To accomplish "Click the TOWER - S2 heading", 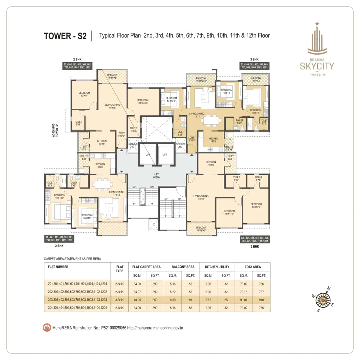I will pyautogui.click(x=65, y=36).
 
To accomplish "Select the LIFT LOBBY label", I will pyautogui.click(x=157, y=176).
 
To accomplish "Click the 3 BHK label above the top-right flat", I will pyautogui.click(x=254, y=60).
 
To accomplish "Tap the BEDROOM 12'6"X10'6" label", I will pyautogui.click(x=143, y=102).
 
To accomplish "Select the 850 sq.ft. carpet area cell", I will pyautogui.click(x=155, y=300).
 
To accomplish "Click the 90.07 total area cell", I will pyautogui.click(x=244, y=300).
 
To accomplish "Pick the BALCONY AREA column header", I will pyautogui.click(x=183, y=267).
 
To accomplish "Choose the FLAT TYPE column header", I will pyautogui.click(x=120, y=269).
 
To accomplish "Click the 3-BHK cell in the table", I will pyautogui.click(x=120, y=300).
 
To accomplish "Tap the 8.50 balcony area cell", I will pyautogui.click(x=173, y=300).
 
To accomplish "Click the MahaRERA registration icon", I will pyautogui.click(x=47, y=328).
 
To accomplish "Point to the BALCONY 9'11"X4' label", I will pyautogui.click(x=256, y=80).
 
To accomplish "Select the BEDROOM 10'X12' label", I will pyautogui.click(x=256, y=111).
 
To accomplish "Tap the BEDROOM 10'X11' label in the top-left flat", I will pyautogui.click(x=84, y=94).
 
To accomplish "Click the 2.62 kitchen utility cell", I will pyautogui.click(x=208, y=300).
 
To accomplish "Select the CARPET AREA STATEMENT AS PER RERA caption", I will pyautogui.click(x=72, y=259).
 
